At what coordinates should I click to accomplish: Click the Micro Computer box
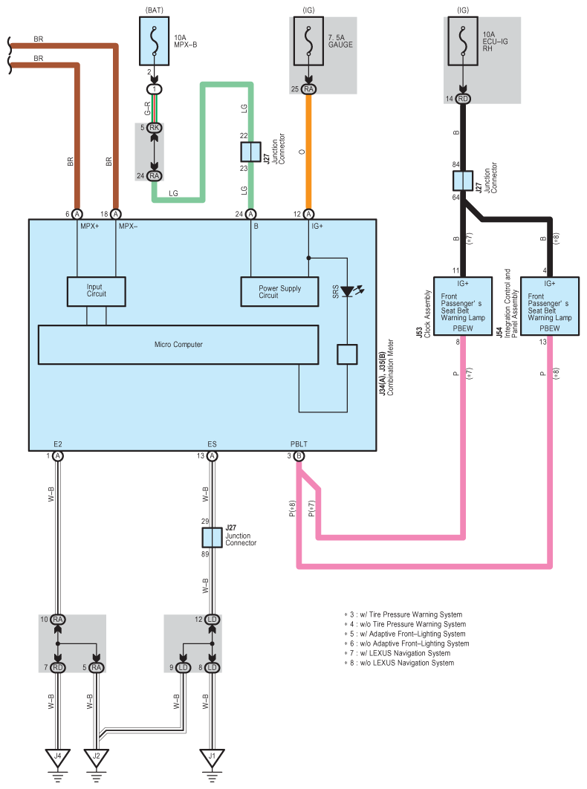click(x=178, y=345)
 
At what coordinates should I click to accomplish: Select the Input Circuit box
click(x=97, y=291)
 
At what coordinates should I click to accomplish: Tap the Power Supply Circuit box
click(x=280, y=291)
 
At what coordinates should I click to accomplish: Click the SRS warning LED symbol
click(x=347, y=292)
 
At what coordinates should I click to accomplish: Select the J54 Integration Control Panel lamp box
click(x=550, y=306)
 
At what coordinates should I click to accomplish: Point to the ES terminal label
click(x=213, y=445)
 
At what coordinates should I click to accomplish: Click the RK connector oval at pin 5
click(x=154, y=128)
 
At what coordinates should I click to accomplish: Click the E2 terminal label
click(x=57, y=445)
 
